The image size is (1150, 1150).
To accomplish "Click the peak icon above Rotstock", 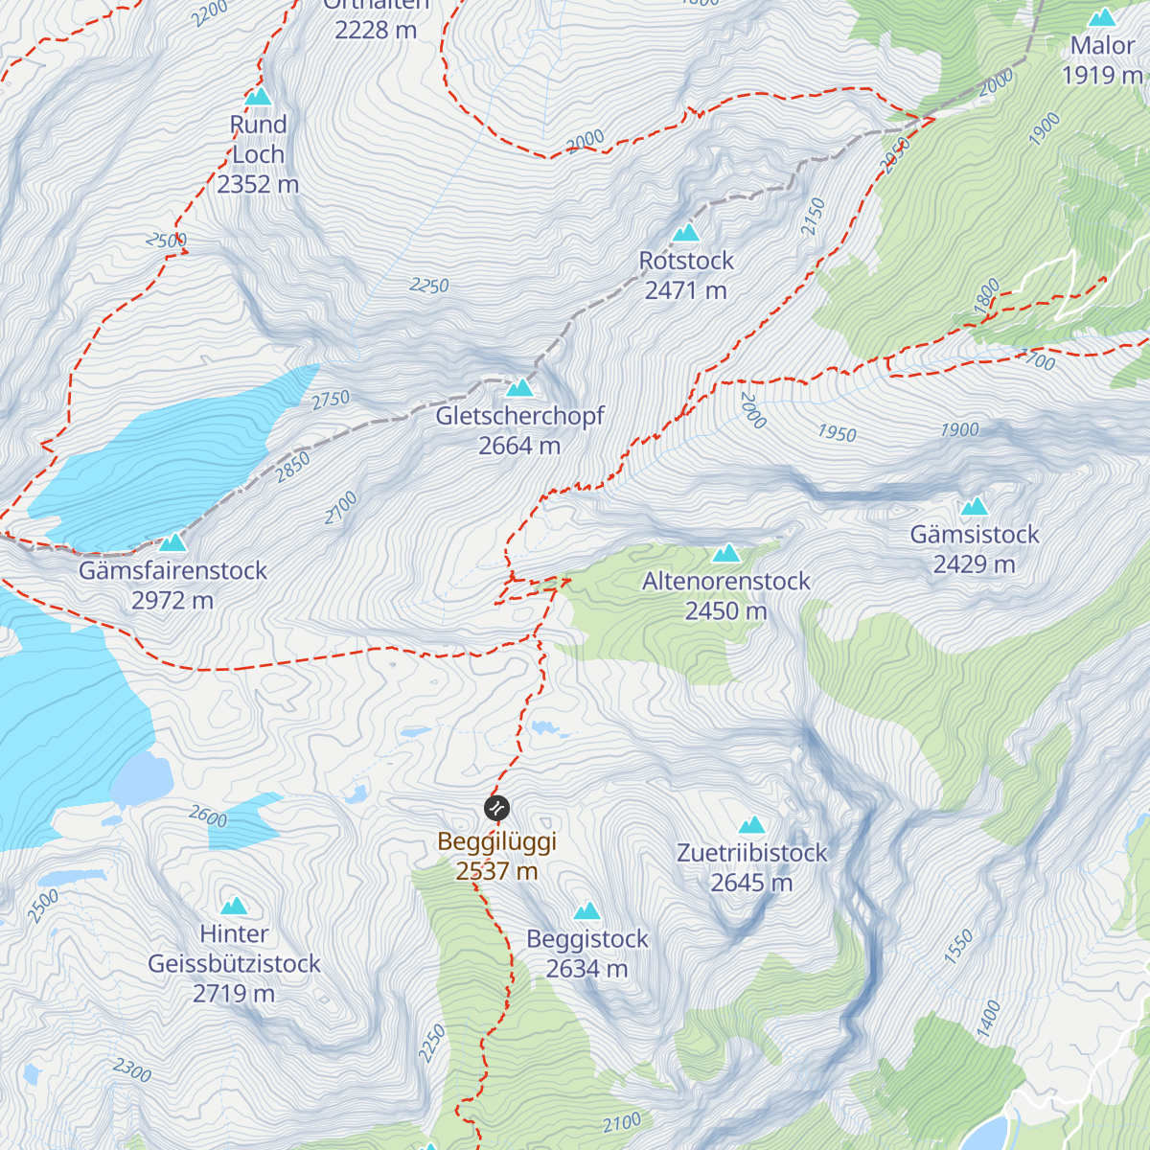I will click(x=685, y=233).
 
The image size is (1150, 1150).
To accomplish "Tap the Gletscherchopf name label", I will click(x=519, y=416).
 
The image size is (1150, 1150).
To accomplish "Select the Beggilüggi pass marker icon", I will click(x=496, y=809).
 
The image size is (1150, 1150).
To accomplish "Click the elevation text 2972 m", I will click(x=172, y=601).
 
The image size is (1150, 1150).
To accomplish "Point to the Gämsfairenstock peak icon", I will click(x=172, y=543).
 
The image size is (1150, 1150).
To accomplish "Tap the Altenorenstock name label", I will click(x=726, y=582).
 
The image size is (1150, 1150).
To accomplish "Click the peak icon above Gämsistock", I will click(x=975, y=507).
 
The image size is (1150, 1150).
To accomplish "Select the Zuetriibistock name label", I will click(x=751, y=853).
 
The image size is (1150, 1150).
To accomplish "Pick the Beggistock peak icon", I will click(x=586, y=911).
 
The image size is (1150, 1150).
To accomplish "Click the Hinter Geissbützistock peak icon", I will click(x=234, y=907).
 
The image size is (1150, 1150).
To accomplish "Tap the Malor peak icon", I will click(x=1102, y=18).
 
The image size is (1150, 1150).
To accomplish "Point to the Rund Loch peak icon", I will click(x=258, y=97).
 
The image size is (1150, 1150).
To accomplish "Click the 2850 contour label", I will click(x=293, y=467).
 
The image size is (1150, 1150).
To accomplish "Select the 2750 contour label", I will click(x=331, y=401).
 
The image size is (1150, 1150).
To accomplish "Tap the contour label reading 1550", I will click(x=958, y=946).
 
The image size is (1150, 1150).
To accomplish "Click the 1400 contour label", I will click(x=988, y=1019).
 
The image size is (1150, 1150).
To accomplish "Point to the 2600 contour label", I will click(x=208, y=816).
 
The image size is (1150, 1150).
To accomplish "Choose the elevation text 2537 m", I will click(x=496, y=871).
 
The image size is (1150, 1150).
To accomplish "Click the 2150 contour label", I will click(x=813, y=217).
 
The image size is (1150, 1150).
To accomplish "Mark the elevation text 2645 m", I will click(x=751, y=883).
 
